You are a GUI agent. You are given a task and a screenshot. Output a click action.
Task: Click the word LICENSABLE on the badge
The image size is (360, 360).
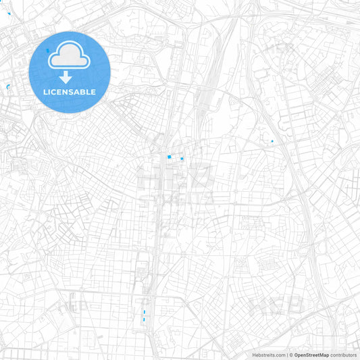pos(70,91)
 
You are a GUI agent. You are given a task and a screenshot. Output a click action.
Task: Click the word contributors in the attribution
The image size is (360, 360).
pos(343,355)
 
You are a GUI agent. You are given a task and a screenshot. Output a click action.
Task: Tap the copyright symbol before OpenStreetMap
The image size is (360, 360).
pos(292,355)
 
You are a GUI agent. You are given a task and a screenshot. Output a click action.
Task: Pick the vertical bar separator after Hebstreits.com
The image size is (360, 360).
pos(288,355)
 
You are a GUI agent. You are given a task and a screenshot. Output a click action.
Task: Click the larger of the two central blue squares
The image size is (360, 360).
pos(169,157)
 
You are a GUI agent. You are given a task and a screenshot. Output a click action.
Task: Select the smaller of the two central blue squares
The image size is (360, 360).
pos(182,159)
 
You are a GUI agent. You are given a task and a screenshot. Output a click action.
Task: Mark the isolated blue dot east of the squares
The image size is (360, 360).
pos(272,141)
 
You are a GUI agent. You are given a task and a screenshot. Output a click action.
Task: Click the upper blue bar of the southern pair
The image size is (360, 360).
pos(144,312)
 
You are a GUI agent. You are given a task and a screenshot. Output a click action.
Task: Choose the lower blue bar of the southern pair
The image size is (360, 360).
pos(144,319)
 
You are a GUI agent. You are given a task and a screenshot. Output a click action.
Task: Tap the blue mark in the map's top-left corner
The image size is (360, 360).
pos(9,14)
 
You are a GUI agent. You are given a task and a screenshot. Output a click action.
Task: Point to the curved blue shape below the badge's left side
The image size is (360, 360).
pos(7,87)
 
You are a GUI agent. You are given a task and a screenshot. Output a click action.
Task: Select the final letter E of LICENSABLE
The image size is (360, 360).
pos(93,91)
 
